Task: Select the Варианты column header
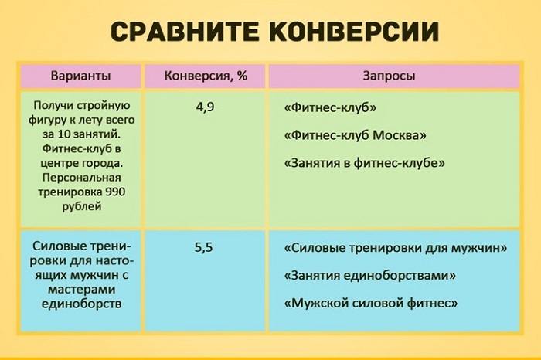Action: pos(80,76)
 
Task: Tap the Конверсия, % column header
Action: pos(205,76)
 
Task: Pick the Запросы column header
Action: pos(389,76)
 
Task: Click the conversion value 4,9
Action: pos(205,107)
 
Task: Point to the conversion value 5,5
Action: pos(205,250)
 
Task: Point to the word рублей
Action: pos(80,206)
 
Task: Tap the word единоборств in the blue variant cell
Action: pos(80,304)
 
